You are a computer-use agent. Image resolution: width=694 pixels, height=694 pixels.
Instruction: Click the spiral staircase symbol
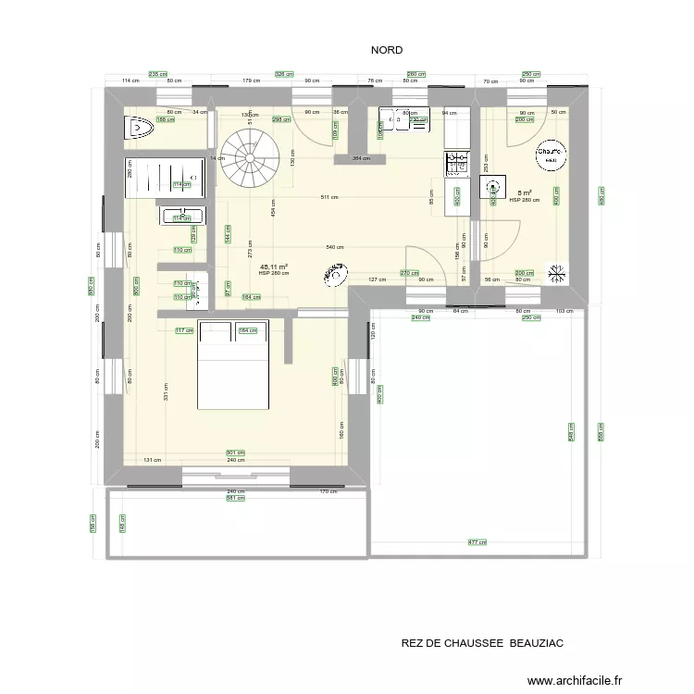click(250, 155)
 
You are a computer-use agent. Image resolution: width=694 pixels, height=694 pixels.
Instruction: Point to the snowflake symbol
click(557, 274)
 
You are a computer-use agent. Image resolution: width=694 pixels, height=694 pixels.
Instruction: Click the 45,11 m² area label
click(273, 265)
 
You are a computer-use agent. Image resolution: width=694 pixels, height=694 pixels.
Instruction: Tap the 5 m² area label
click(524, 192)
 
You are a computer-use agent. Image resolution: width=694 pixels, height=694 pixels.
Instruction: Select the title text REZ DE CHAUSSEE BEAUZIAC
click(482, 642)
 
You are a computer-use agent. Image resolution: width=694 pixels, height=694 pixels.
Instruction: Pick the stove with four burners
click(456, 164)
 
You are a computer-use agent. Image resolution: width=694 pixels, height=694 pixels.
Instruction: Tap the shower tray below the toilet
click(164, 177)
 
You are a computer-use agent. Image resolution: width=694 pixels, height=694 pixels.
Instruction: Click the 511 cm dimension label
click(328, 197)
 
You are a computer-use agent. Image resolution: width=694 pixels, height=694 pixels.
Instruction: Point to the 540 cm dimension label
click(336, 247)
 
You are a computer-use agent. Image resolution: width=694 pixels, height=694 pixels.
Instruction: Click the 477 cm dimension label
click(477, 543)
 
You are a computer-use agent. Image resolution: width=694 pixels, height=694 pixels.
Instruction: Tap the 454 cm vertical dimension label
click(273, 211)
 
